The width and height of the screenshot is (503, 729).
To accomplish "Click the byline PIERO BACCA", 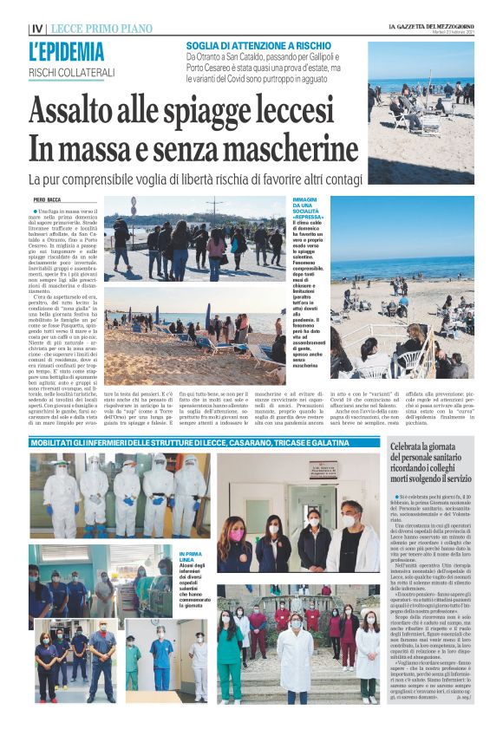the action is coord(47,199).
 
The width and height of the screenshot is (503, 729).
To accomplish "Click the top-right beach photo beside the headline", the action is coord(421,113).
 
